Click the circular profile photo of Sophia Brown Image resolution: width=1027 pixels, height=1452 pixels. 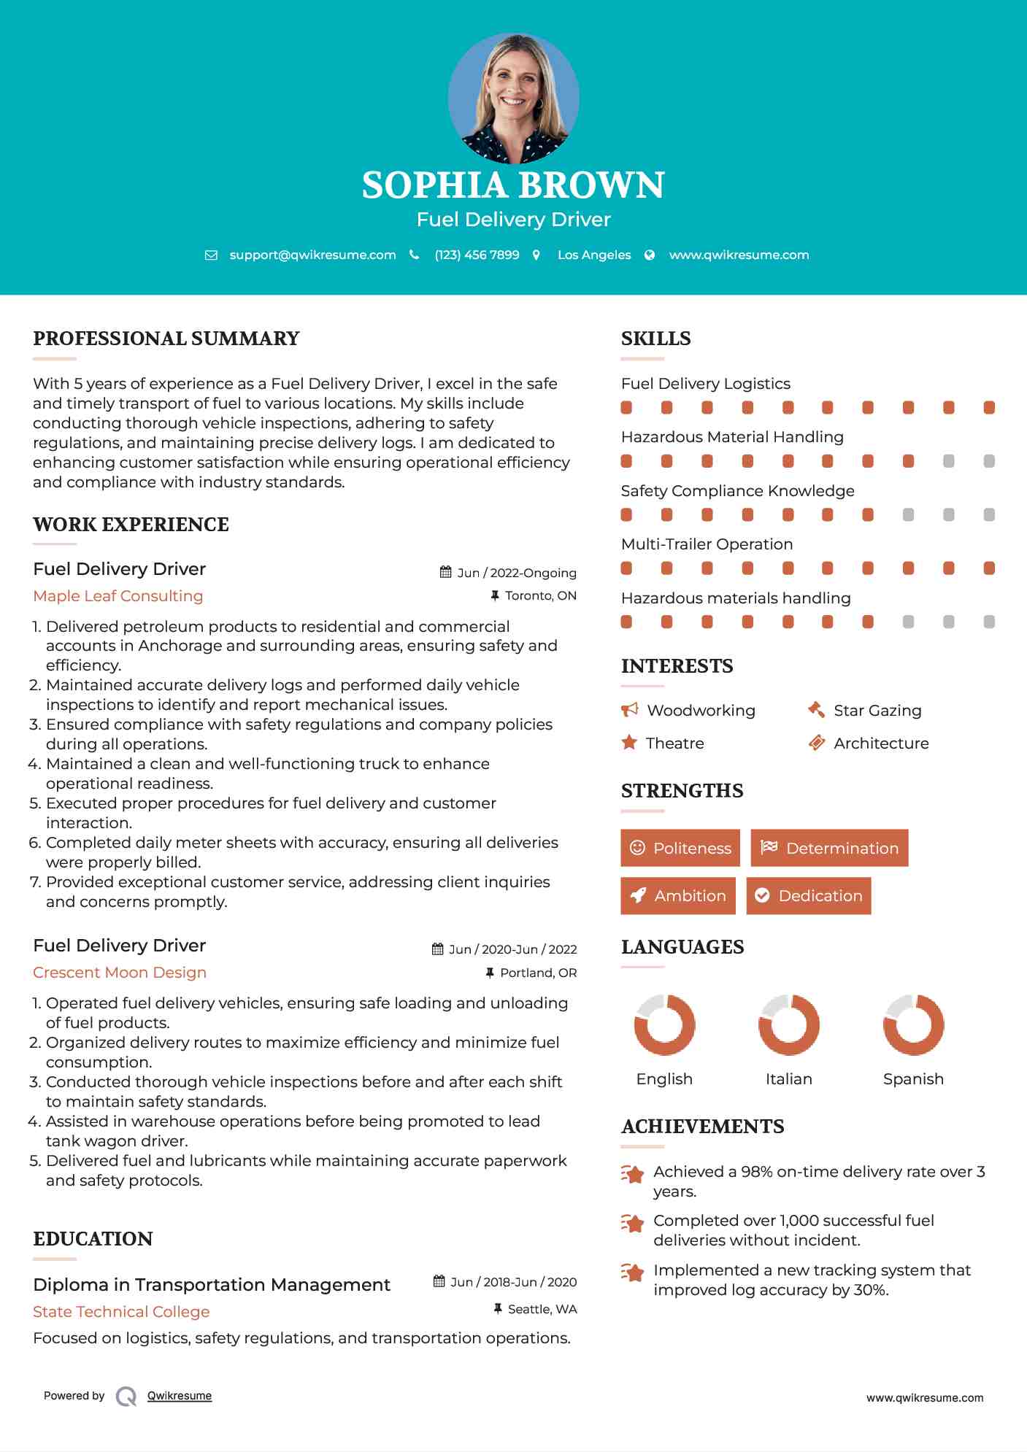pos(513,98)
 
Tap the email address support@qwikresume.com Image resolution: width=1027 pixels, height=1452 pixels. pos(312,255)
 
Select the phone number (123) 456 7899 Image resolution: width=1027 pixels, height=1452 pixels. pos(477,255)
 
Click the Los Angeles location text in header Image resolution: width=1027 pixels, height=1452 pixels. pos(593,255)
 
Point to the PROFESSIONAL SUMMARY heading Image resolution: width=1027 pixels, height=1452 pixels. pos(166,339)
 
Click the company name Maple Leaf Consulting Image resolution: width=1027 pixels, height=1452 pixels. pos(118,596)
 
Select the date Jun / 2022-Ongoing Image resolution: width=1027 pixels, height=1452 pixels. pos(516,573)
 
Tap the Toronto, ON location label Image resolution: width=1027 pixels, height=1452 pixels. pos(540,595)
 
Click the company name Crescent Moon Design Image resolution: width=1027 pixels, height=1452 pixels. pos(120,973)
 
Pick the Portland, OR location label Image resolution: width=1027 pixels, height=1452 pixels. pos(538,973)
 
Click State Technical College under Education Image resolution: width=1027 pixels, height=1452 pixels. pos(121,1312)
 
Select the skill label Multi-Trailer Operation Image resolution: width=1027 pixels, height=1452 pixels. pos(707,544)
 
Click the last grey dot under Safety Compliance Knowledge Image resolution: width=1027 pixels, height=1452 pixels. pos(989,515)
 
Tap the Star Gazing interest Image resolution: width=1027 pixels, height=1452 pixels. pos(877,711)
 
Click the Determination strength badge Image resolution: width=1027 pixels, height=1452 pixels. pos(829,848)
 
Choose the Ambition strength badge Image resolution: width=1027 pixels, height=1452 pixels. pos(678,896)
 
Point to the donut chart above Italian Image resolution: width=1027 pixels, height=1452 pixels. pos(789,1024)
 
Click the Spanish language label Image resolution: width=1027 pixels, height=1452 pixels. pos(913,1079)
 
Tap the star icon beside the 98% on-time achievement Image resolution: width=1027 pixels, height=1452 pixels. pos(632,1174)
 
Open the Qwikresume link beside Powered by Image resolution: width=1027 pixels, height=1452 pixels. pos(180,1396)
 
